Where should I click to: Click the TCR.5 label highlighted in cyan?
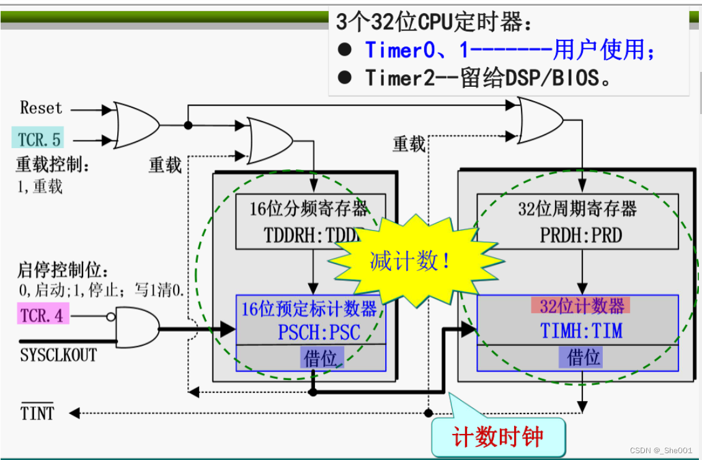pos(40,138)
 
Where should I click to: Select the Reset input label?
pos(41,108)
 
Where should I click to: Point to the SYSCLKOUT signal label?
pos(58,356)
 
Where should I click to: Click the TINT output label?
pos(37,414)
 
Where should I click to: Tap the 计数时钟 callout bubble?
pos(497,437)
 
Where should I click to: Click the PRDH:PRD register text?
pos(580,236)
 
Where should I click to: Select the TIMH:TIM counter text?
pos(581,331)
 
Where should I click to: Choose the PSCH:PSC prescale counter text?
pos(318,332)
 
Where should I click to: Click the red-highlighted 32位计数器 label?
pos(581,306)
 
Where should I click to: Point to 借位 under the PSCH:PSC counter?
pos(321,357)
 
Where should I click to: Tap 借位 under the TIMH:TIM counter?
pos(583,357)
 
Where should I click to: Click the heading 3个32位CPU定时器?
pos(433,23)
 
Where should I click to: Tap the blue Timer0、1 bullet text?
pos(509,50)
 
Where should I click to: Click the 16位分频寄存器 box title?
pos(308,209)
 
